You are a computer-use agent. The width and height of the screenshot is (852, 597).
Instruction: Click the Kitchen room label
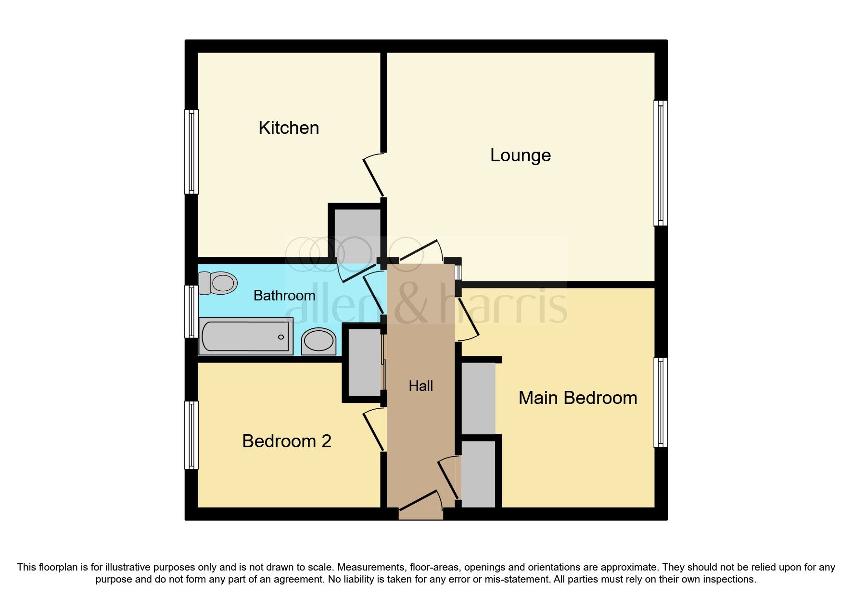[289, 128]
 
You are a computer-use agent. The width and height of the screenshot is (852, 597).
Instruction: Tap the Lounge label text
[520, 156]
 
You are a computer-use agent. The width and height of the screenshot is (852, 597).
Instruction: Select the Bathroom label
[284, 295]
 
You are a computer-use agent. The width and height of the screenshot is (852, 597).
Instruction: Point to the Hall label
[420, 386]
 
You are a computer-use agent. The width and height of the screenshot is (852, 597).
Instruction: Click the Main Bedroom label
[577, 398]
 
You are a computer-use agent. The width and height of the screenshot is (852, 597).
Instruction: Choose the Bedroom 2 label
[287, 441]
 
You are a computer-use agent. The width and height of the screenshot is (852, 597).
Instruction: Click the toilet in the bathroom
[219, 283]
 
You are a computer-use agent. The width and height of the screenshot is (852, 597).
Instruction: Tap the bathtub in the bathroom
[246, 337]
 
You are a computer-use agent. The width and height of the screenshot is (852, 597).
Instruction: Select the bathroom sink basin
[318, 341]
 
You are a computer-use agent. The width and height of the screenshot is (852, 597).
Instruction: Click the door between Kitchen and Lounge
[374, 176]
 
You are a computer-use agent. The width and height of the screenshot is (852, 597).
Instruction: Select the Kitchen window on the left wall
[191, 152]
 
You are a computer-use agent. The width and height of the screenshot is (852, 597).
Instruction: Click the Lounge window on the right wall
[661, 163]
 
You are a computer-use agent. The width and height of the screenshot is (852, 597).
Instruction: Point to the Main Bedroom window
[661, 402]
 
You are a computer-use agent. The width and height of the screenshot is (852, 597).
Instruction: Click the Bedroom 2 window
[191, 435]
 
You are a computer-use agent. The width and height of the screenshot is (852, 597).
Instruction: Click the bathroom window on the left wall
[191, 311]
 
